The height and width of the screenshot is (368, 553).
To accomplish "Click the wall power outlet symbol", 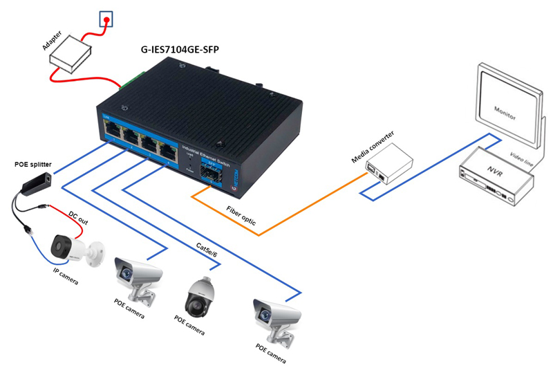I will [x=106, y=21].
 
